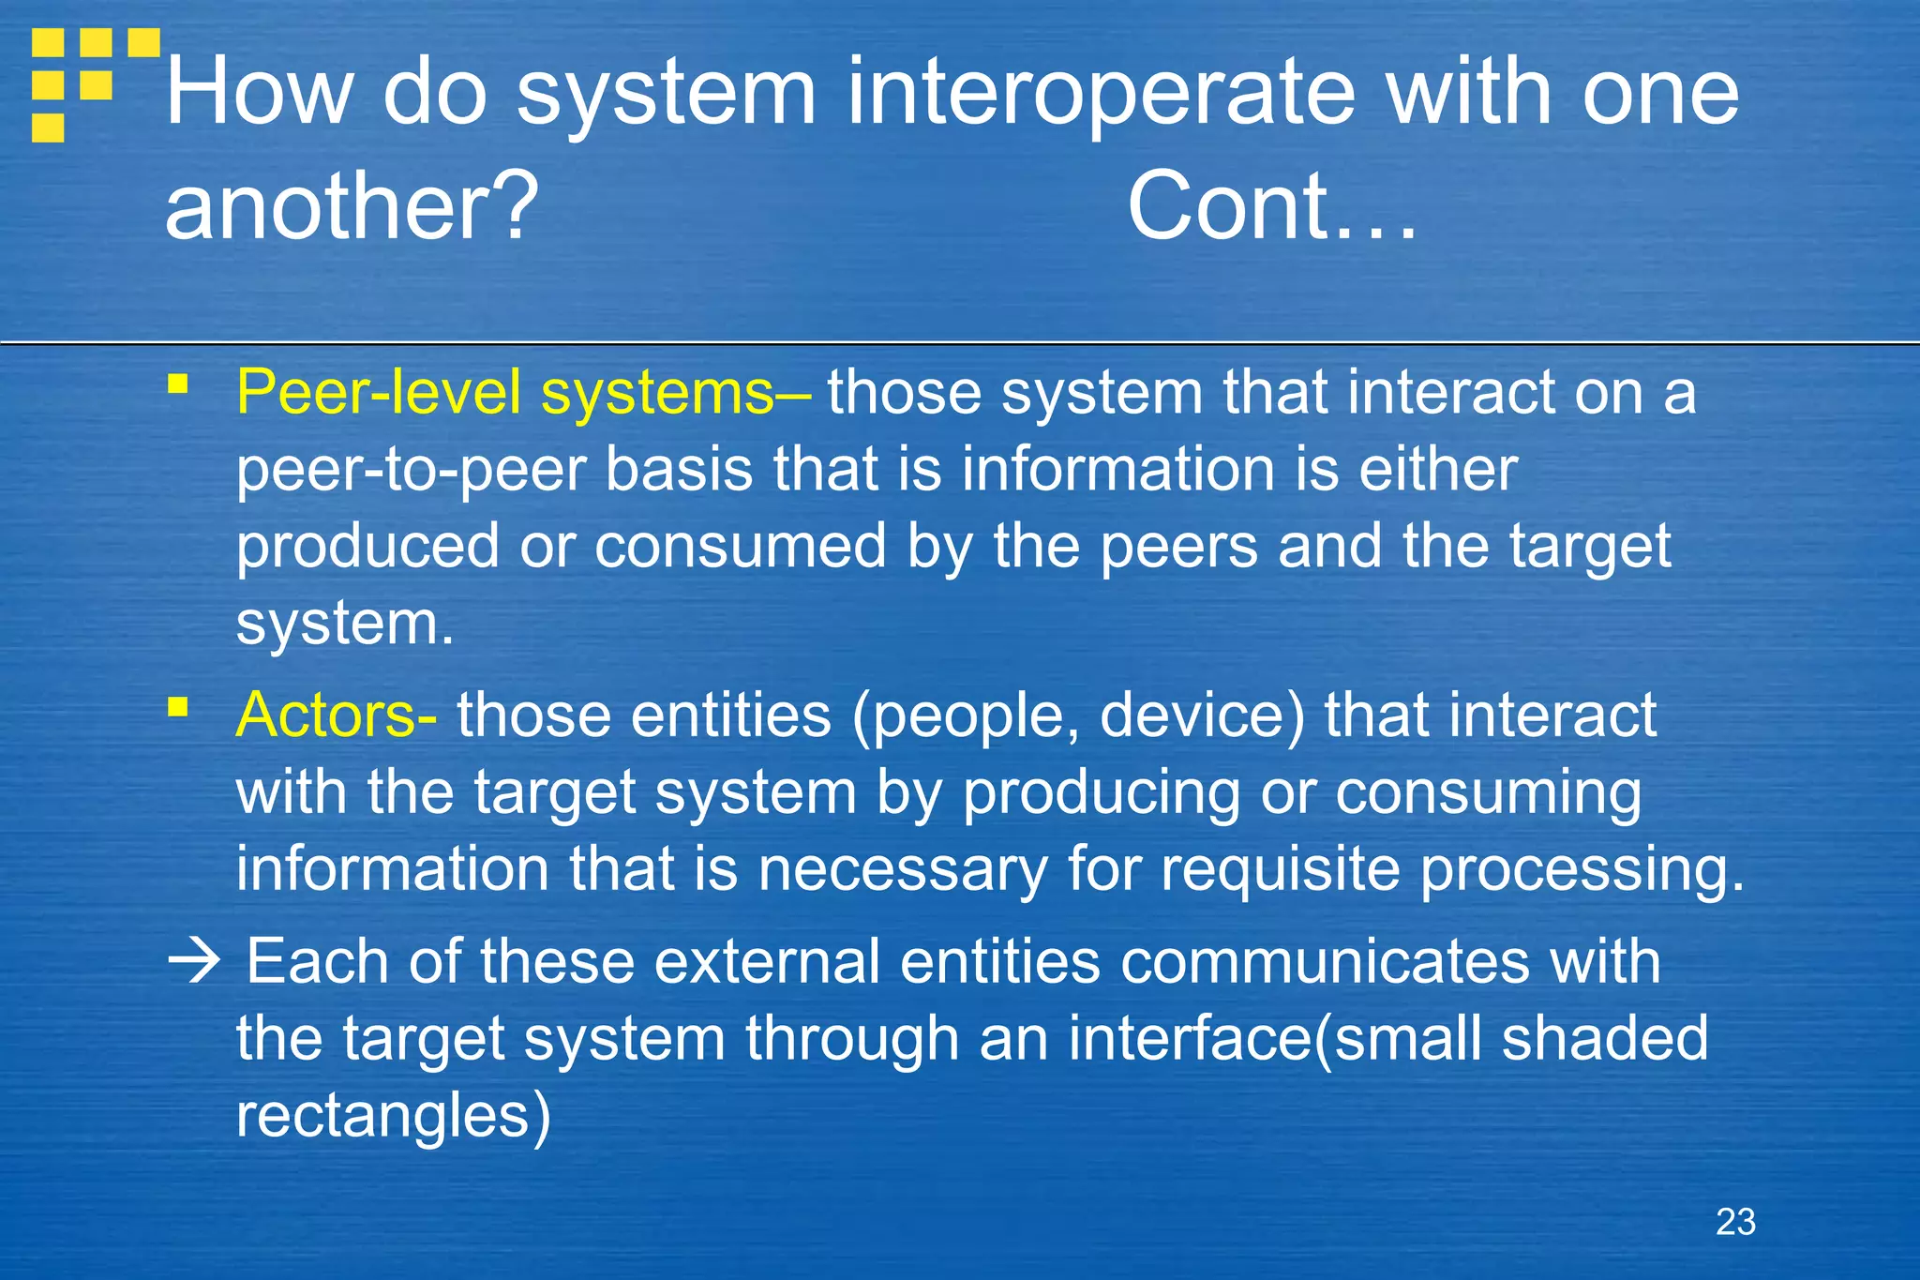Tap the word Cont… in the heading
[1271, 207]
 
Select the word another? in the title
[352, 207]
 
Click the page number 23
[1735, 1222]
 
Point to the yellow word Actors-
[336, 715]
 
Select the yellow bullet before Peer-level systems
[178, 384]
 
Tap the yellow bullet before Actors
[178, 706]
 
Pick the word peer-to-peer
[410, 471]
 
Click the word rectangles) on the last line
[393, 1116]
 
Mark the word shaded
[1604, 1039]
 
